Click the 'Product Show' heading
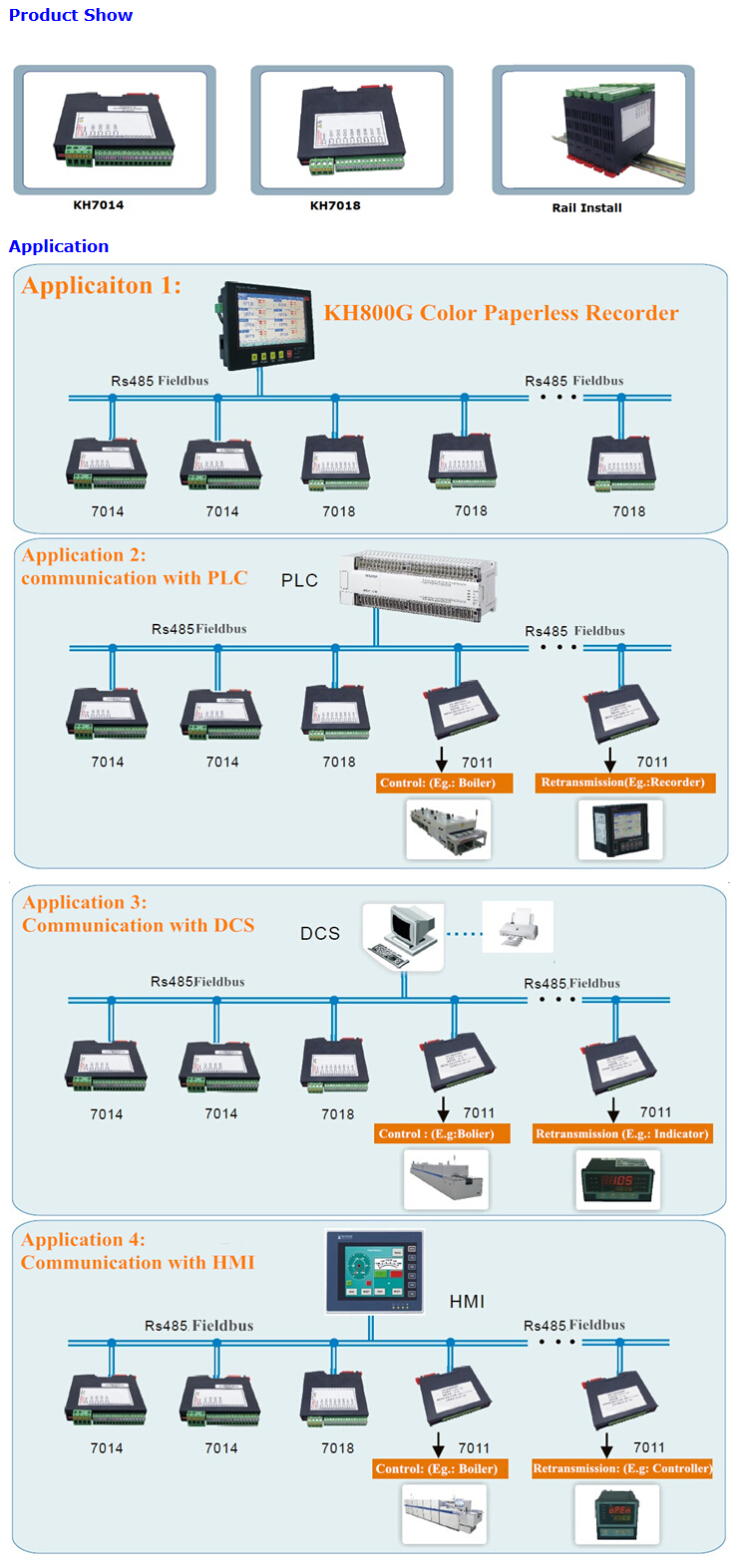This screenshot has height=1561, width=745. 71,15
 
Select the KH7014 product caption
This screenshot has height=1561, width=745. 99,205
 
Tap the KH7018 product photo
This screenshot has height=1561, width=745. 351,129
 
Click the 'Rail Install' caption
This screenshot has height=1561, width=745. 586,207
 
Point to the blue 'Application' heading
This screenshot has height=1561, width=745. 59,246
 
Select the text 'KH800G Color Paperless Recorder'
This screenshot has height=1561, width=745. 501,313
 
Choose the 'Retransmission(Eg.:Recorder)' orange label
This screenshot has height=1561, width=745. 622,782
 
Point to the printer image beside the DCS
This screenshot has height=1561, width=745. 518,928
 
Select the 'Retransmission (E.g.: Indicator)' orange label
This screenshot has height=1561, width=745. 622,1133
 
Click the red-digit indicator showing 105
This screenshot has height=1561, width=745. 619,1181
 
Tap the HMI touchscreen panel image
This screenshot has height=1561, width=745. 375,1272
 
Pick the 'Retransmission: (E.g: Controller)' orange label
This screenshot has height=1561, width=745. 622,1468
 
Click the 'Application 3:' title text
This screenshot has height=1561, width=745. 85,902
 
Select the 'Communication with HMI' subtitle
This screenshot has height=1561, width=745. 138,1263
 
